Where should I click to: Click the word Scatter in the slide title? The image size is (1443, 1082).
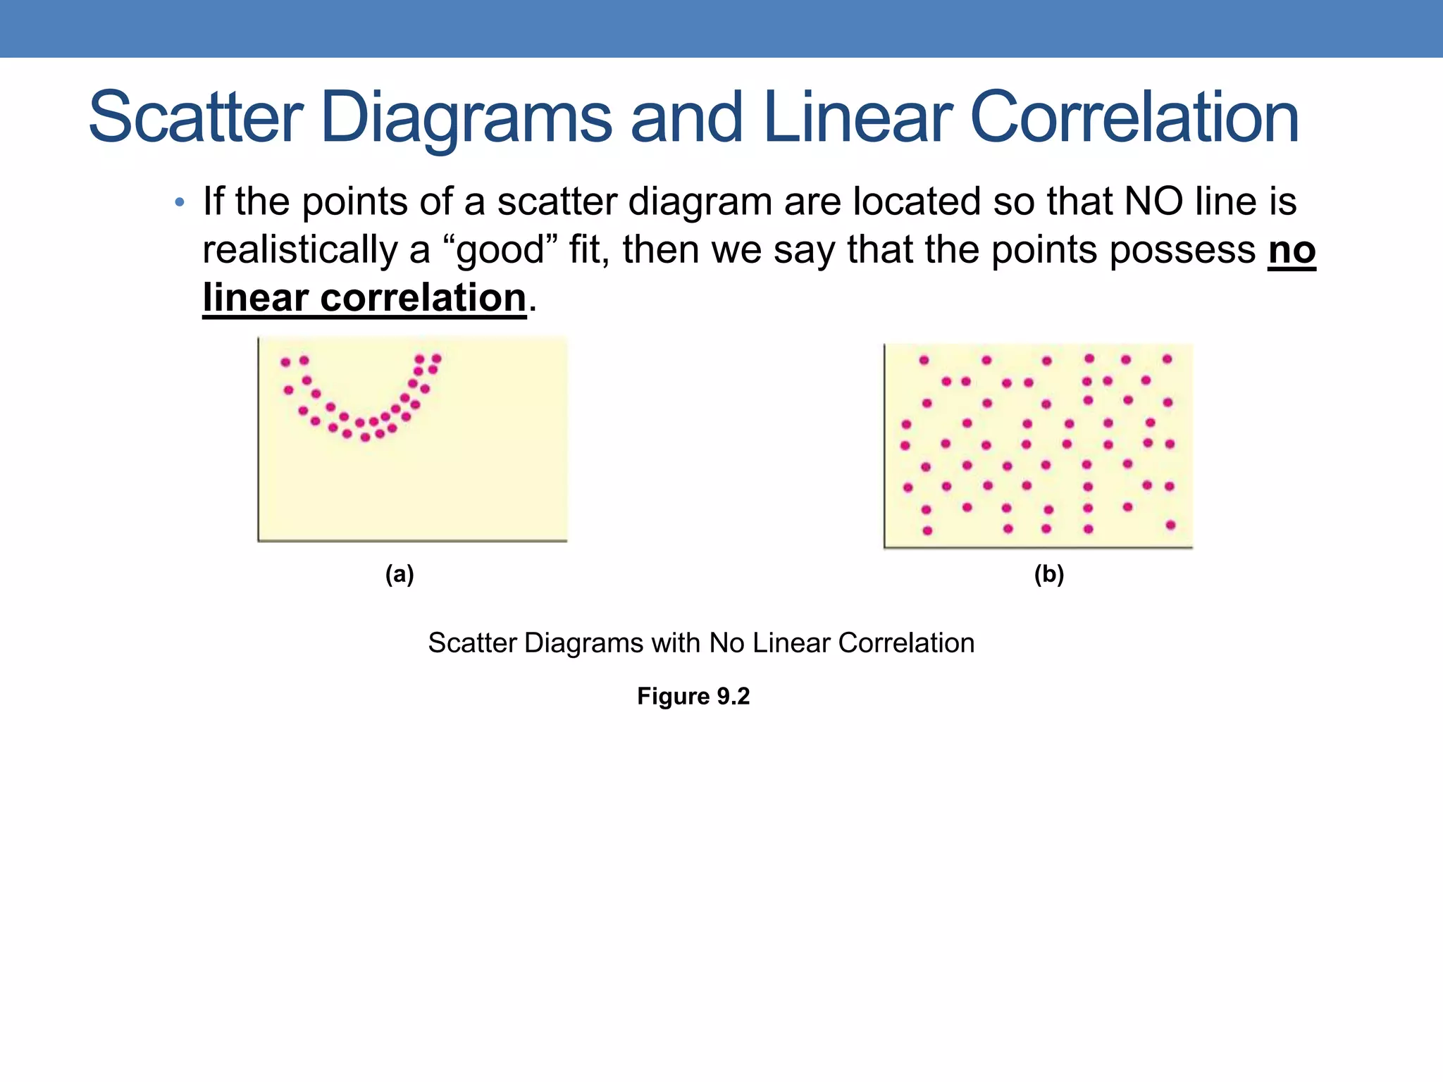click(196, 118)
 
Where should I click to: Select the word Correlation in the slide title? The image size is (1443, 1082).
click(1134, 118)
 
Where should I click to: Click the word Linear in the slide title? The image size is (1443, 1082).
click(857, 118)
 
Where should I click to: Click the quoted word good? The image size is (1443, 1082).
click(501, 251)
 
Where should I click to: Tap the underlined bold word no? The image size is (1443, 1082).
click(1292, 251)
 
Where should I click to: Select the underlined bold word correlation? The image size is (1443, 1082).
click(423, 298)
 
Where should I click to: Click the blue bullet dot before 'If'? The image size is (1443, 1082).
click(180, 203)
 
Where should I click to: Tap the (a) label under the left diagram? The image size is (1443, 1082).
click(400, 575)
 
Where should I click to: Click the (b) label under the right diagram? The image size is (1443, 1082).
click(1048, 575)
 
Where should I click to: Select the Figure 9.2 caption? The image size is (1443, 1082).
click(693, 696)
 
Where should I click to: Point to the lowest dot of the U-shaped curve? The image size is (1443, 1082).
click(365, 437)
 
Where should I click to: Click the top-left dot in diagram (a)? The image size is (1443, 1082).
click(285, 362)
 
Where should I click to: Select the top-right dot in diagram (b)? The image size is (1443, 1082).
click(1167, 359)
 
